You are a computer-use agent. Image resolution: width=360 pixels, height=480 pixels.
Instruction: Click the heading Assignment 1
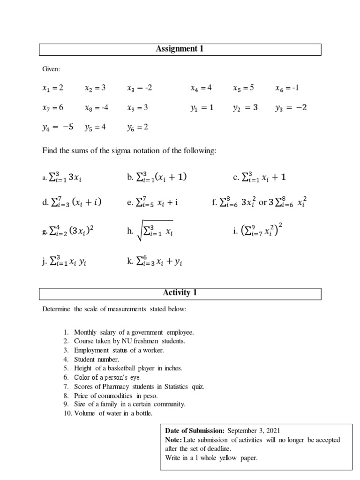click(180, 49)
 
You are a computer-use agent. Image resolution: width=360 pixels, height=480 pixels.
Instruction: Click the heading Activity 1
click(180, 293)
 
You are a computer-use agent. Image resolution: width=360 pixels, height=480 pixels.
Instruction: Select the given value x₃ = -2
click(140, 88)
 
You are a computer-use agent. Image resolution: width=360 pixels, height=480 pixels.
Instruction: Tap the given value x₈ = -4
click(97, 107)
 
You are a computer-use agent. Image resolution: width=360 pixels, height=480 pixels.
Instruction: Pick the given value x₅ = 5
click(244, 88)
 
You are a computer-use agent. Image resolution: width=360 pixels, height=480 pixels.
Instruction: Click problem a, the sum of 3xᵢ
click(65, 178)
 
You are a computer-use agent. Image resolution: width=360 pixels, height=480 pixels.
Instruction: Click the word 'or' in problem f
click(263, 202)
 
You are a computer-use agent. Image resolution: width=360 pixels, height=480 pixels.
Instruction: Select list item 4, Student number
click(93, 359)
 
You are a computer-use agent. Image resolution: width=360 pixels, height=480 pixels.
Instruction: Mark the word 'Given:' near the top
click(51, 69)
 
